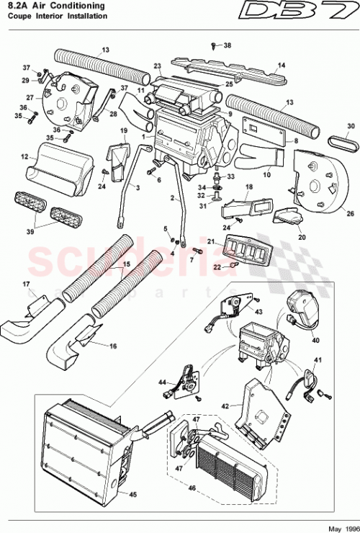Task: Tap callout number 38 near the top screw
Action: click(228, 45)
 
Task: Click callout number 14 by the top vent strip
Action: click(282, 66)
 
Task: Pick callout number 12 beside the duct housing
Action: click(24, 156)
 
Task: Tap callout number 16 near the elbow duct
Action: click(112, 346)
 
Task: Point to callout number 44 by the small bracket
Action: click(163, 382)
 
